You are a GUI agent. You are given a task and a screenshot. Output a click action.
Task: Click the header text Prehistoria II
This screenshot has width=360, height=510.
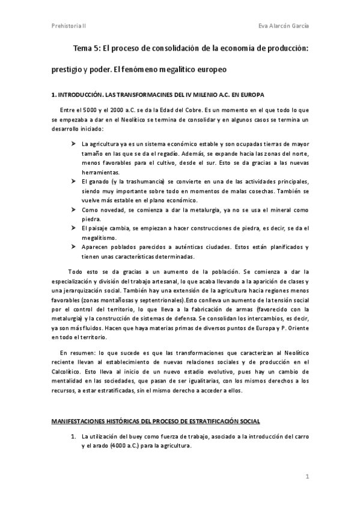point(69,26)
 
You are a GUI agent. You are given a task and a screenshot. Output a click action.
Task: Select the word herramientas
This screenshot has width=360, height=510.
point(100,172)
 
